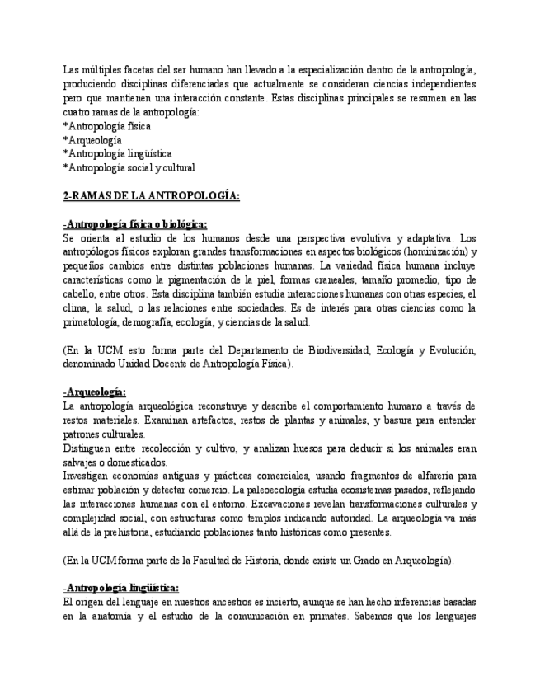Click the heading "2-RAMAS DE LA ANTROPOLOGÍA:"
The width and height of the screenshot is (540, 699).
(x=151, y=196)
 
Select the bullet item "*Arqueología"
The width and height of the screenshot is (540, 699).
(x=92, y=140)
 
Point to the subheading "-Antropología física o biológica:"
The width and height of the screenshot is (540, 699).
(x=135, y=224)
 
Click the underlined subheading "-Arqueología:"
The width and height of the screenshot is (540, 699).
(x=95, y=392)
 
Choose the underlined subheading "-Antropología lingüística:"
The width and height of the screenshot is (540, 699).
(x=121, y=587)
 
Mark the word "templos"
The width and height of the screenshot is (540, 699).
(x=287, y=518)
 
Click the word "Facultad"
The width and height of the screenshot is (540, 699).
(x=227, y=560)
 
